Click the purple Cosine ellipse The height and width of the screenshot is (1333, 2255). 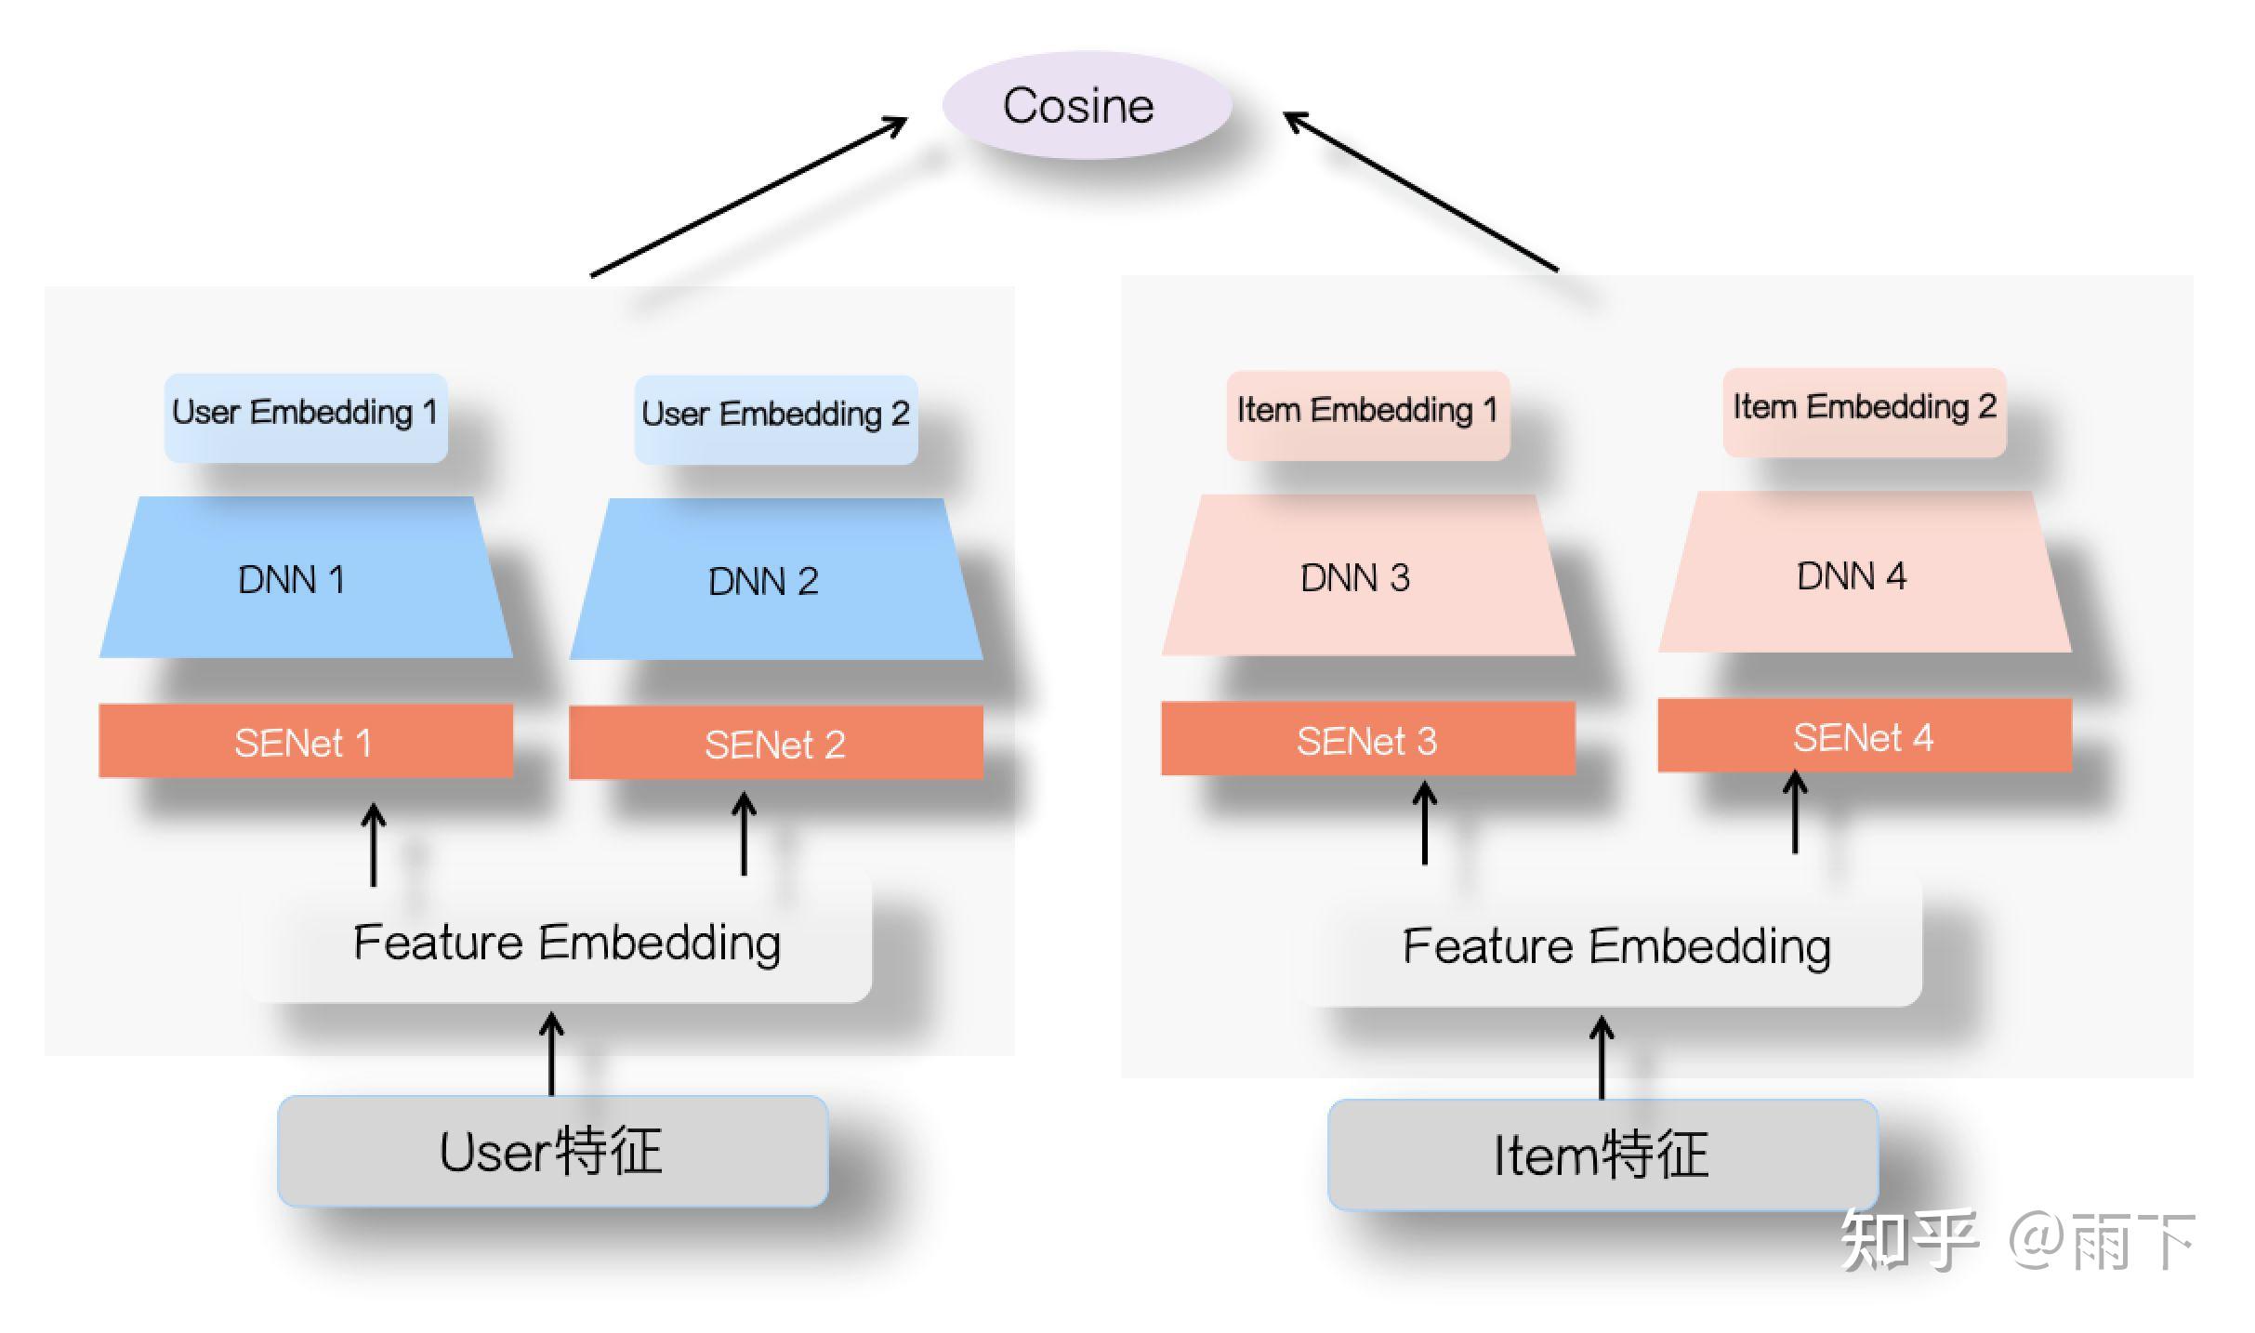pyautogui.click(x=1087, y=105)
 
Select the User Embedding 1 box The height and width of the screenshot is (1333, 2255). pyautogui.click(x=305, y=416)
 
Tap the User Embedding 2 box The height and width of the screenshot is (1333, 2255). pyautogui.click(x=775, y=418)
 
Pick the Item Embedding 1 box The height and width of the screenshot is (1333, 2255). pyautogui.click(x=1367, y=415)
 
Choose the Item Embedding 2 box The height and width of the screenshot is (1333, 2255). pyautogui.click(x=1864, y=412)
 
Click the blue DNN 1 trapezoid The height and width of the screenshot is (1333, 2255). pyautogui.click(x=305, y=578)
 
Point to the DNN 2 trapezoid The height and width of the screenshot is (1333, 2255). pyautogui.click(x=775, y=580)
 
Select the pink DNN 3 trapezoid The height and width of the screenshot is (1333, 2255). pyautogui.click(x=1367, y=576)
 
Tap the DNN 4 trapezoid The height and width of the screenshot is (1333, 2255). pyautogui.click(x=1864, y=574)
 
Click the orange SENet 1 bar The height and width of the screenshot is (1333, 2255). pyautogui.click(x=305, y=741)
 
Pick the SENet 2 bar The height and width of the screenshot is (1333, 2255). pyautogui.click(x=775, y=743)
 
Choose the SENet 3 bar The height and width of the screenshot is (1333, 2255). pyautogui.click(x=1367, y=739)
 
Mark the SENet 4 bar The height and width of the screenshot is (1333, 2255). pyautogui.click(x=1864, y=736)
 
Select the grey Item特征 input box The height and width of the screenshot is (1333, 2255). pyautogui.click(x=1602, y=1155)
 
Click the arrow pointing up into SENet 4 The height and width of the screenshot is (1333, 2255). pyautogui.click(x=1795, y=812)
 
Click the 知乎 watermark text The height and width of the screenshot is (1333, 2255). pyautogui.click(x=1907, y=1240)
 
